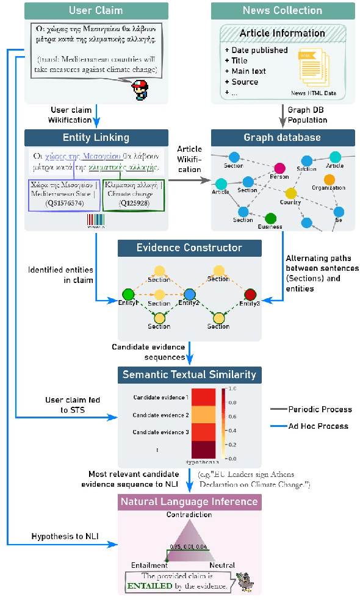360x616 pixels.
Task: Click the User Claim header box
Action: tap(96, 10)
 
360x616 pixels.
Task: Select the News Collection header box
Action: tap(282, 10)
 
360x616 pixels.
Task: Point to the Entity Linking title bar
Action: tap(96, 137)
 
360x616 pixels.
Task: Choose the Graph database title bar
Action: tap(282, 137)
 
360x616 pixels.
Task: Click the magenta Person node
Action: tap(280, 168)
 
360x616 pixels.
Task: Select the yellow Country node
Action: tap(291, 193)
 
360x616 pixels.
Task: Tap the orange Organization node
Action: tap(329, 179)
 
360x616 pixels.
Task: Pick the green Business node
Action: tap(271, 218)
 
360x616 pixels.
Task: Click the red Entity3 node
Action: tap(250, 295)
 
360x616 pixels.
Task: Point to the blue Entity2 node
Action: tap(189, 295)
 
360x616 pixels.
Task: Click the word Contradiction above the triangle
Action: tap(189, 515)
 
